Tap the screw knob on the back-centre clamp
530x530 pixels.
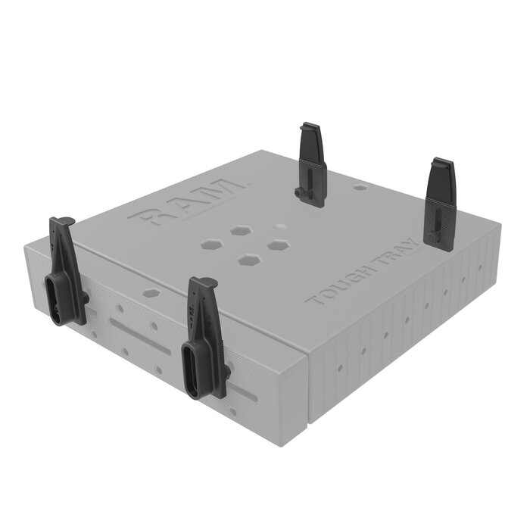(301, 195)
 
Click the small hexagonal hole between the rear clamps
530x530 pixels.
(361, 185)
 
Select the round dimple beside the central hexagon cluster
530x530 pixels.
(281, 226)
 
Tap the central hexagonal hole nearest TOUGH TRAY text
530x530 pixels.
(279, 246)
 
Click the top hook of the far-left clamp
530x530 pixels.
(62, 222)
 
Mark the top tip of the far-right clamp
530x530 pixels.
(441, 162)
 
